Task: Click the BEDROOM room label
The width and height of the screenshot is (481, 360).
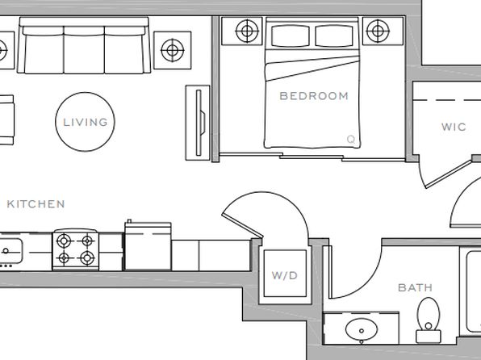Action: tap(314, 96)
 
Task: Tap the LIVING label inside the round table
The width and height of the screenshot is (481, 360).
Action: tap(86, 122)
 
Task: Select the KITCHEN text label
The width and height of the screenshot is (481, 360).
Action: tap(36, 204)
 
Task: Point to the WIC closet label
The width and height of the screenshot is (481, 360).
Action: tap(454, 127)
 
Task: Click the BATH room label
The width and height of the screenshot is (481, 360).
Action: tap(415, 288)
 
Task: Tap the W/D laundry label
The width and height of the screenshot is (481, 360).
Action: tap(285, 275)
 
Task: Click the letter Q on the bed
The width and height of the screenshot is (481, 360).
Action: tap(351, 140)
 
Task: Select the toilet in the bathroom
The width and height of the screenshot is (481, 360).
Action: tap(429, 320)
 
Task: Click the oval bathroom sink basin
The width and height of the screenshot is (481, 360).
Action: tap(362, 330)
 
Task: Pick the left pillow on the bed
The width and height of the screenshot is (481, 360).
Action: tap(291, 36)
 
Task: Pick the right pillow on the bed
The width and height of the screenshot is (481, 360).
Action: tap(334, 36)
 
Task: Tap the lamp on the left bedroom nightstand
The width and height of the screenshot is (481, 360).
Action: tap(247, 31)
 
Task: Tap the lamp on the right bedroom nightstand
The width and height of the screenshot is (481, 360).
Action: tap(378, 31)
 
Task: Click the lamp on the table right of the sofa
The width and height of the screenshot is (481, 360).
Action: tap(173, 50)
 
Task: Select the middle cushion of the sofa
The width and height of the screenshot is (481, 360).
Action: tap(84, 50)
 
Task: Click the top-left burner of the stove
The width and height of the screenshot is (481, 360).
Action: tap(64, 241)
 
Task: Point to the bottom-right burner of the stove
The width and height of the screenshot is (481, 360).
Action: tap(87, 257)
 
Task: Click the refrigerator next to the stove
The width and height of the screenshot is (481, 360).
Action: tap(148, 245)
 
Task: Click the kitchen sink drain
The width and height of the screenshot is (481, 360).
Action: tap(6, 251)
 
